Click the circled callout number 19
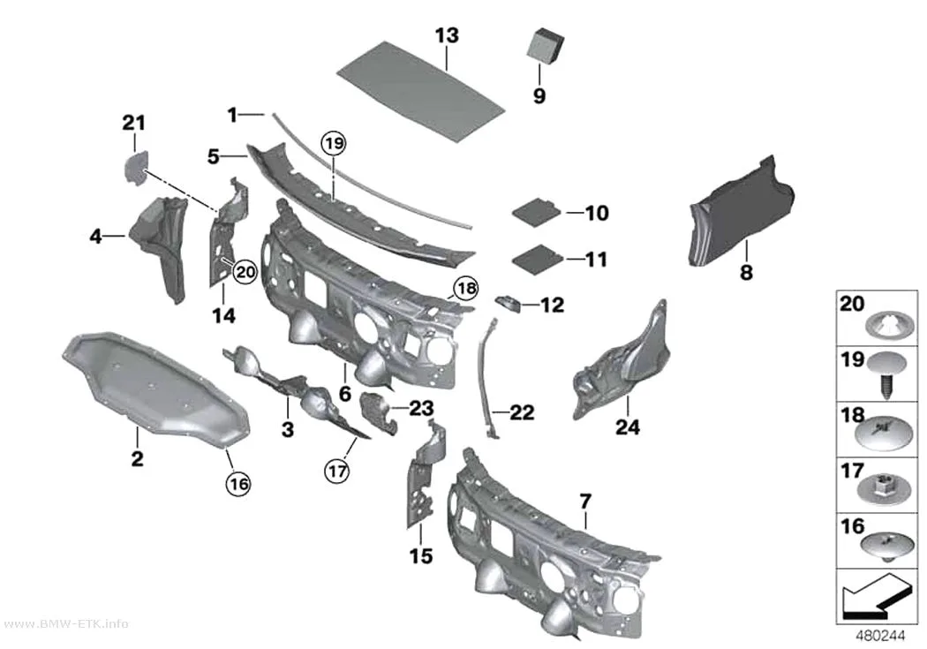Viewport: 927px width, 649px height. point(334,143)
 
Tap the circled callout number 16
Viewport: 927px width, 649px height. point(238,484)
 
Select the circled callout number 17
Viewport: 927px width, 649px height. point(337,472)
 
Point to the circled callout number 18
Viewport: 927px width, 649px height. point(466,288)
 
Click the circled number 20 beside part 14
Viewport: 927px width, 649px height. point(245,272)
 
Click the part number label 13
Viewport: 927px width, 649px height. point(447,35)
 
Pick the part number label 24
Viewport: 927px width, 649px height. point(627,426)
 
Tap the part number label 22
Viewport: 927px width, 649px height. point(522,412)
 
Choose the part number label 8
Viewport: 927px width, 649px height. point(747,273)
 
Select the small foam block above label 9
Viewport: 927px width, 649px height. point(545,46)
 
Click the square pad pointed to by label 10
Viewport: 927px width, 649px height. point(536,212)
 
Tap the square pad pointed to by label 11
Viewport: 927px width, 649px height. point(536,259)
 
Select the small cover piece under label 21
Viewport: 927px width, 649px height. point(136,167)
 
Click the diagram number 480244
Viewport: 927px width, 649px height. point(881,636)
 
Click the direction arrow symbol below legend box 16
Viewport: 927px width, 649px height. point(874,596)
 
